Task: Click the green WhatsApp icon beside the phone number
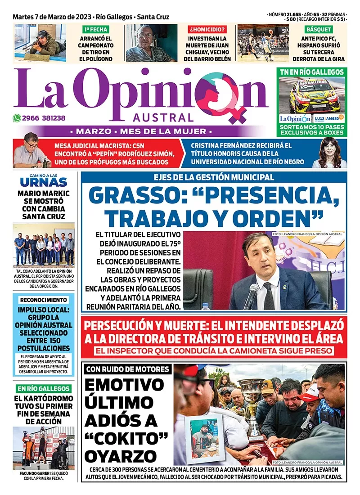click(x=17, y=118)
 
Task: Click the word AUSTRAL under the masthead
click(x=163, y=118)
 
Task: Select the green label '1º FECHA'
click(x=95, y=30)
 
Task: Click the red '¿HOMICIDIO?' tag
click(x=207, y=30)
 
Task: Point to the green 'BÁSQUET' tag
click(x=319, y=30)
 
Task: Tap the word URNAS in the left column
click(x=44, y=182)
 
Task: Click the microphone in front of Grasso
click(x=250, y=295)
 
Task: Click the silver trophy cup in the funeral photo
click(x=251, y=400)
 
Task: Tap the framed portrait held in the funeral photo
click(x=205, y=437)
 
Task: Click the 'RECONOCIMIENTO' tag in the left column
click(x=44, y=300)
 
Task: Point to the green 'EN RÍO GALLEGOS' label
click(x=44, y=388)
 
